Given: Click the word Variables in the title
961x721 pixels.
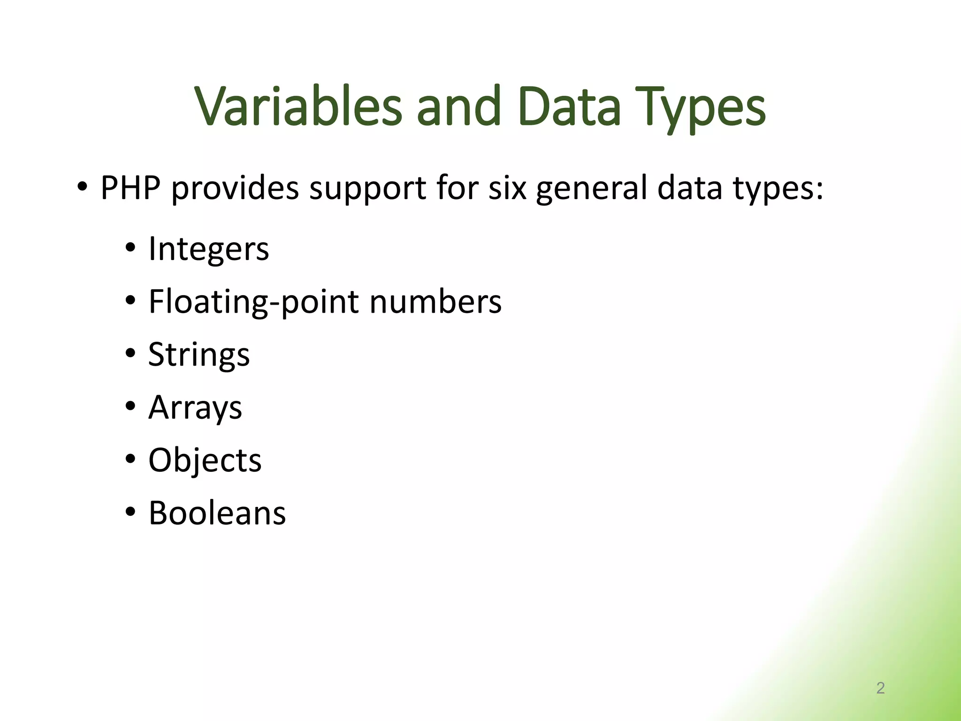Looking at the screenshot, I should click(298, 107).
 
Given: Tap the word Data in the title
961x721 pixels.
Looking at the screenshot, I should click(570, 107).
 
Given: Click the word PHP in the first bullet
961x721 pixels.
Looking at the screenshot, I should click(130, 188).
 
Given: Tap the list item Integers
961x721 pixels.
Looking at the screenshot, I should click(208, 249).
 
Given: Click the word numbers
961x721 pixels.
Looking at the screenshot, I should click(435, 302).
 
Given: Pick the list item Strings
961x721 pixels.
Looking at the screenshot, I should click(199, 355).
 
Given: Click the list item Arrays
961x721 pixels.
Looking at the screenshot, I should click(195, 407).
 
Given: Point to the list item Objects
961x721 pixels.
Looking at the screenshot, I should click(205, 460).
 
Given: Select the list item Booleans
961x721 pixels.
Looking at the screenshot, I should click(217, 513).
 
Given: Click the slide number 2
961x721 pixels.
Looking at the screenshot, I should click(880, 688).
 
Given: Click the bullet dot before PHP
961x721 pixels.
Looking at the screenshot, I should click(82, 187).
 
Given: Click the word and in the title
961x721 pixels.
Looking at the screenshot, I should click(458, 107).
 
